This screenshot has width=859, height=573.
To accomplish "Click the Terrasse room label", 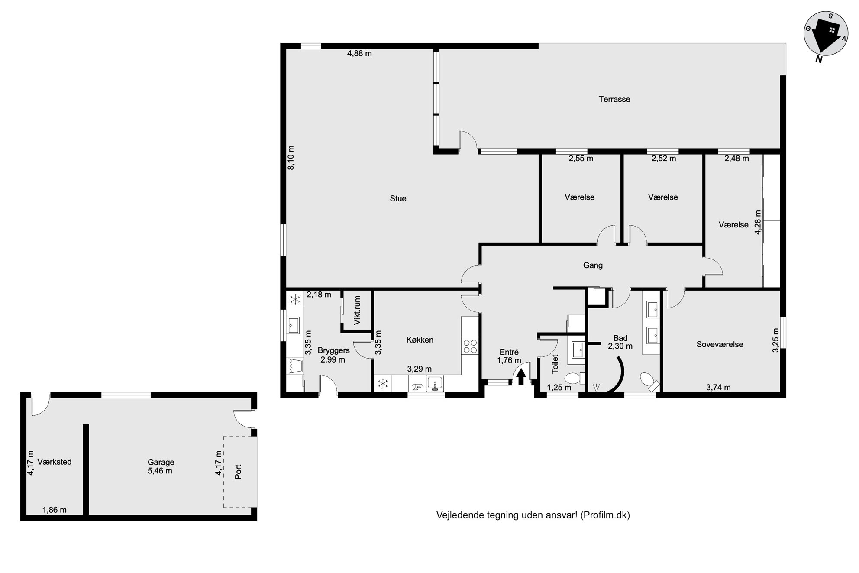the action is pyautogui.click(x=614, y=99).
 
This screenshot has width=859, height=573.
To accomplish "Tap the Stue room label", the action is pyautogui.click(x=398, y=199).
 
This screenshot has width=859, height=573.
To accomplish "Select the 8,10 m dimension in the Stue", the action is pyautogui.click(x=291, y=158).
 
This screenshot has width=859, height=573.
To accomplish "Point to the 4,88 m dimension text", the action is pyautogui.click(x=359, y=54).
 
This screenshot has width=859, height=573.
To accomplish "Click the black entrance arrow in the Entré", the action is pyautogui.click(x=521, y=377).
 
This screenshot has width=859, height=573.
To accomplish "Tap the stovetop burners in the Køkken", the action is pyautogui.click(x=470, y=346).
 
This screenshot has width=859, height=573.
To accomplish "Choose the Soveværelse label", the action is pyautogui.click(x=720, y=345).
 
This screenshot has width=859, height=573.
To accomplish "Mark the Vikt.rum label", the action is pyautogui.click(x=357, y=311).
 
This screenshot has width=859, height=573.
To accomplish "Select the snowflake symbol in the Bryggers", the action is pyautogui.click(x=295, y=299).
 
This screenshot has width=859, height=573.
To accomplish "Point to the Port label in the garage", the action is pyautogui.click(x=238, y=472).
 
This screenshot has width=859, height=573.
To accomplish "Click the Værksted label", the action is pyautogui.click(x=55, y=462).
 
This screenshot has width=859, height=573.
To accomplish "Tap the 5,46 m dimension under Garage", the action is pyautogui.click(x=160, y=471).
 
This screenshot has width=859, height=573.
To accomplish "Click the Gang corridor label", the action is pyautogui.click(x=593, y=265).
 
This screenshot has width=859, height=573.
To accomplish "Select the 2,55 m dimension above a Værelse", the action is pyautogui.click(x=581, y=159).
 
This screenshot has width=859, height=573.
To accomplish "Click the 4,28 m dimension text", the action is pyautogui.click(x=758, y=223).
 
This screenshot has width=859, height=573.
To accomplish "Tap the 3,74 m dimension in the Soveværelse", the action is pyautogui.click(x=718, y=388).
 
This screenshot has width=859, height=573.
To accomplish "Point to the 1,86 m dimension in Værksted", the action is pyautogui.click(x=55, y=510).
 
